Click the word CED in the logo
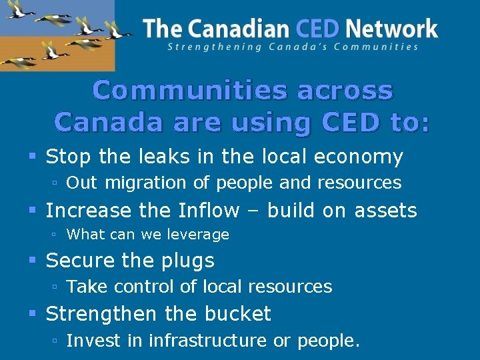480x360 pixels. [317, 29]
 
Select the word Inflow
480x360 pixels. [209, 211]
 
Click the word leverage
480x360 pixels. [198, 235]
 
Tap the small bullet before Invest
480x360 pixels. [56, 341]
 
